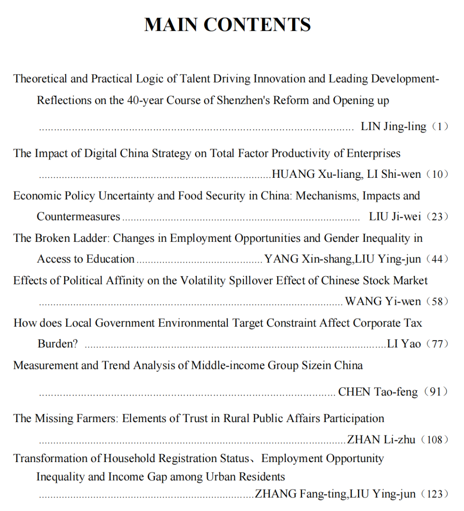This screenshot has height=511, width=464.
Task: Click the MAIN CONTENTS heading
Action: click(227, 24)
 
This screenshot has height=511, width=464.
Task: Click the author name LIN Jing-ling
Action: click(393, 126)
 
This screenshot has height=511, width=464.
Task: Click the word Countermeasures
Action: click(78, 216)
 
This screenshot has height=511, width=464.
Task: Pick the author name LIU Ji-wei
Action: click(395, 216)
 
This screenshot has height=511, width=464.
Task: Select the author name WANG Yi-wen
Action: click(383, 301)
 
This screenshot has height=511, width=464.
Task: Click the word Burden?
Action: click(58, 344)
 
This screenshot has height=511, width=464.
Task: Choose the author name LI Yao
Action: click(403, 344)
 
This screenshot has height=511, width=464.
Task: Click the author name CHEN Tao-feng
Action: click(378, 392)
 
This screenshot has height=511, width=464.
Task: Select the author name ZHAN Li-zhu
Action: click(381, 439)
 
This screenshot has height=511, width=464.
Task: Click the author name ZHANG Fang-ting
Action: click(301, 494)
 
